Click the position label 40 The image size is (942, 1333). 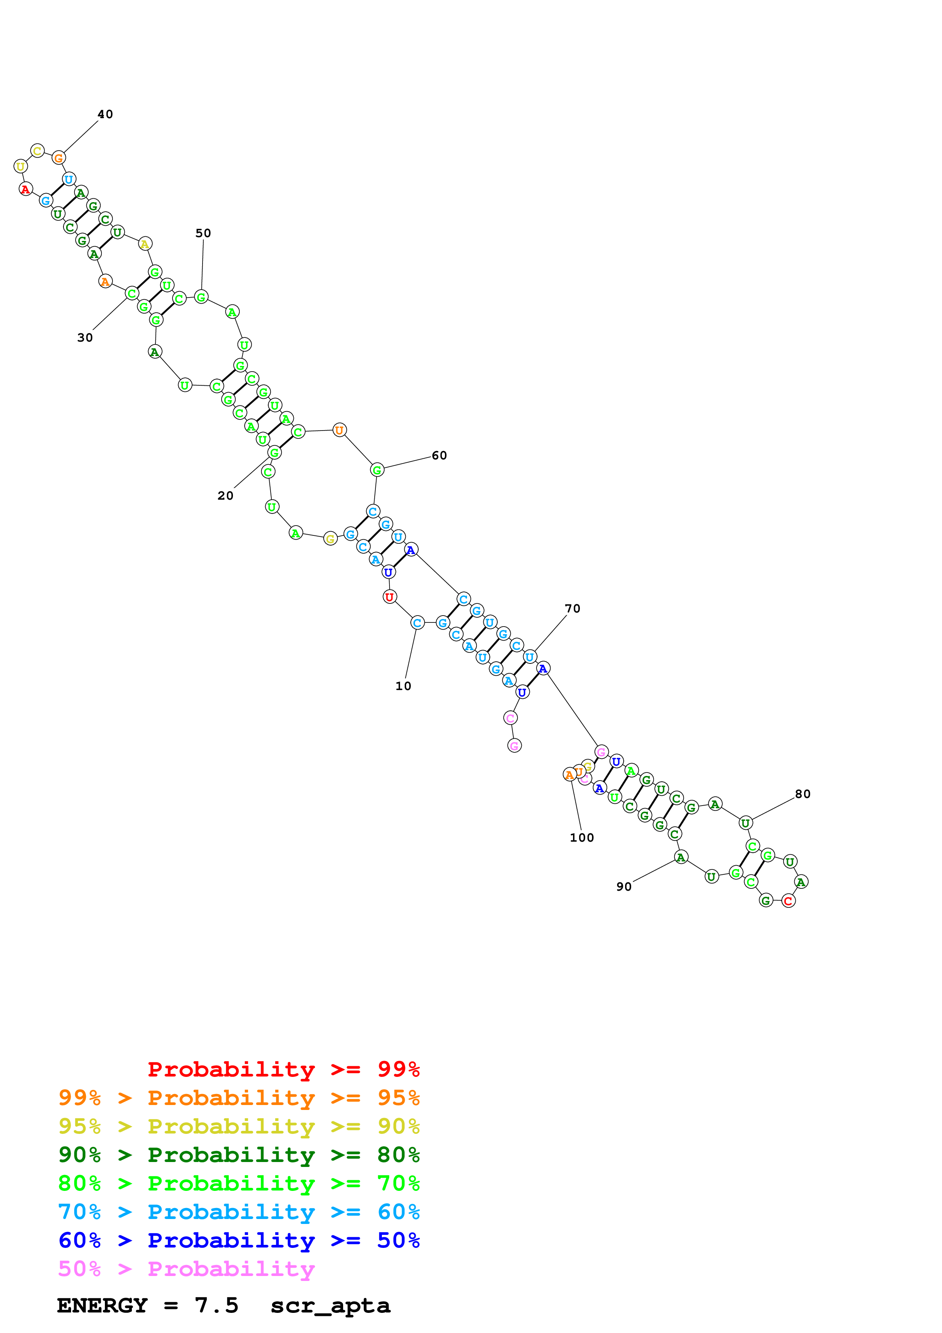pos(105,114)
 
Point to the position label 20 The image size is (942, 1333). pos(226,496)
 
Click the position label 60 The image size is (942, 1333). pos(439,456)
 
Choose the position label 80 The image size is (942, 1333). pos(803,794)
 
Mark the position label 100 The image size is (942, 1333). pos(581,838)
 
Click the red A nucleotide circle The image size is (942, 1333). pos(25,189)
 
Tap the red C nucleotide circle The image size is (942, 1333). pos(788,901)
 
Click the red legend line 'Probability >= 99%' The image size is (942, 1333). pos(283,1069)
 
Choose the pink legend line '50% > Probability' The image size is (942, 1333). pos(186,1269)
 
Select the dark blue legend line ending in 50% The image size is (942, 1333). pos(239,1241)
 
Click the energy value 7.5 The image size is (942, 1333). pos(217,1306)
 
